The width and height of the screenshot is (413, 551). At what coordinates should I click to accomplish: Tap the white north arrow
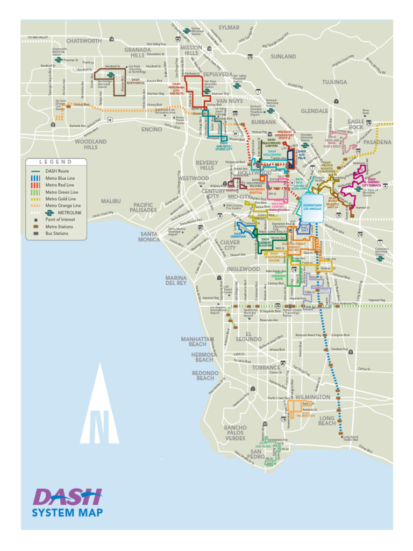[x=99, y=406]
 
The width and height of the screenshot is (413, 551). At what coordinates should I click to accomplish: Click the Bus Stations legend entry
[x=56, y=234]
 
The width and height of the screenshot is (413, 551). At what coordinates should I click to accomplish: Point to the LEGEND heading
[x=56, y=162]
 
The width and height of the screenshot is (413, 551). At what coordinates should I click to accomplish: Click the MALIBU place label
[x=111, y=201]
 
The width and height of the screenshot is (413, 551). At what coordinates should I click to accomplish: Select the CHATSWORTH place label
[x=84, y=41]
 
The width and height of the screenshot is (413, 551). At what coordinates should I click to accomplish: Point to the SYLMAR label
[x=229, y=27]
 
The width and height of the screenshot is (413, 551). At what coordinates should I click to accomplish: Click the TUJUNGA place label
[x=334, y=82]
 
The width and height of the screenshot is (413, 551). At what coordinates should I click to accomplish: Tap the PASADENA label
[x=377, y=143]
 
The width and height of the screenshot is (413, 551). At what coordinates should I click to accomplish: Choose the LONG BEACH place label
[x=326, y=421]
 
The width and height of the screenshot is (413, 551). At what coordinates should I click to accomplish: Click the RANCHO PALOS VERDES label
[x=235, y=433]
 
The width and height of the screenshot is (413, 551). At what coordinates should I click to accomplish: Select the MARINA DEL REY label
[x=176, y=280]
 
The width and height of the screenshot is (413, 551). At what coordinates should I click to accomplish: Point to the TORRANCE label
[x=266, y=368]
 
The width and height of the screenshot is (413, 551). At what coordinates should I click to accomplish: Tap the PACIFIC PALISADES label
[x=143, y=208]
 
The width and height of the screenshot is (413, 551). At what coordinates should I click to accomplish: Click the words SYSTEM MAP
[x=67, y=513]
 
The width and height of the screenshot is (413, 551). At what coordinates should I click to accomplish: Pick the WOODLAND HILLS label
[x=90, y=144]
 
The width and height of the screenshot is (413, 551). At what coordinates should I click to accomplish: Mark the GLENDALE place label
[x=314, y=111]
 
